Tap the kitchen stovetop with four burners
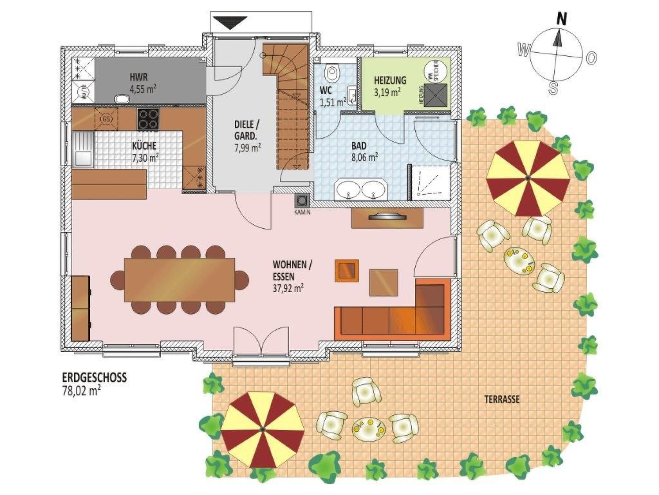148,119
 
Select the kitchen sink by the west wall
83,150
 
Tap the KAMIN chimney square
302,201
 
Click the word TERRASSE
502,400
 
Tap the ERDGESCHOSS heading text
94,378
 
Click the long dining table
180,280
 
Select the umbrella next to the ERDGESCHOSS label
262,429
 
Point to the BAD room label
359,146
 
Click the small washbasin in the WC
352,95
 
